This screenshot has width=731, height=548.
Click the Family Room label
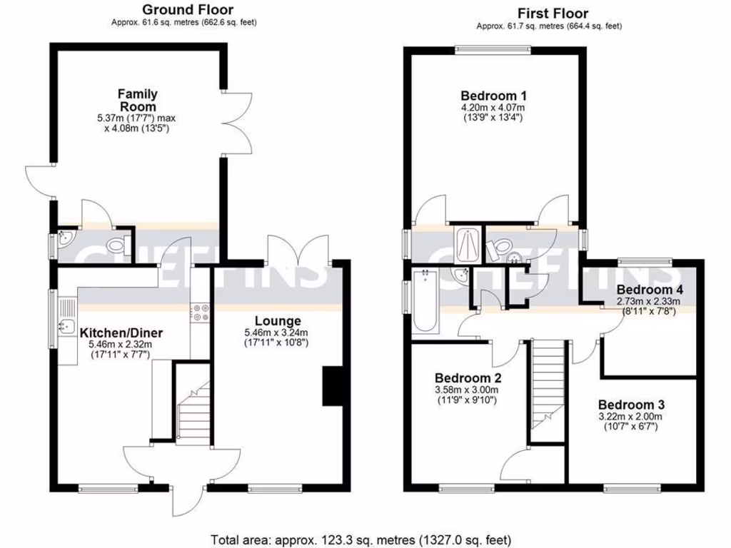pyautogui.click(x=138, y=100)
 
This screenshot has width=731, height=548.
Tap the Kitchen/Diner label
pyautogui.click(x=121, y=333)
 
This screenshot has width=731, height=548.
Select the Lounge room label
pyautogui.click(x=281, y=321)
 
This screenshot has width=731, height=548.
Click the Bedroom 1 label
pyautogui.click(x=493, y=96)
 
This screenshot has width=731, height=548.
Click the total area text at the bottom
pyautogui.click(x=361, y=539)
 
